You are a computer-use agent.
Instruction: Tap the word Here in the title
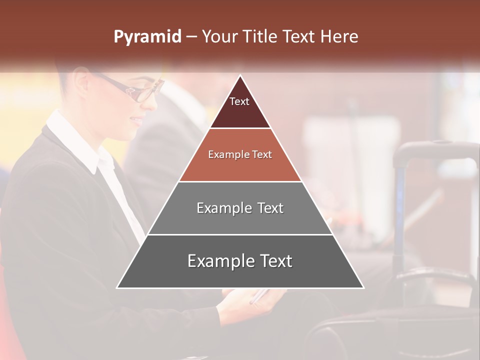tap(339, 37)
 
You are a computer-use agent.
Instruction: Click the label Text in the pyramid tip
tap(239, 101)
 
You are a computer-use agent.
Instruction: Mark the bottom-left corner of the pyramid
tap(117, 287)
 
